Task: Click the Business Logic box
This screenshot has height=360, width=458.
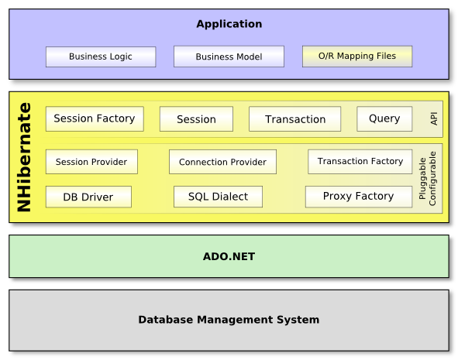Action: [x=101, y=57]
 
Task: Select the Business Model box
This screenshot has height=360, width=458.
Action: [x=229, y=57]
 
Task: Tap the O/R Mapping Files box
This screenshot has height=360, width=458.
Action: [x=357, y=57]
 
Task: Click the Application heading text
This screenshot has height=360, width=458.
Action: [x=229, y=24]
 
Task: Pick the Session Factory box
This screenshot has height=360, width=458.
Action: [x=95, y=118]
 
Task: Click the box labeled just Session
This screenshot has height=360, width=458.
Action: [x=196, y=118]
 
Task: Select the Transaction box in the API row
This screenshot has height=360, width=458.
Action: [x=294, y=118]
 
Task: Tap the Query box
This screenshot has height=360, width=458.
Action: [x=384, y=118]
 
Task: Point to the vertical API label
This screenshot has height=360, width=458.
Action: [x=434, y=118]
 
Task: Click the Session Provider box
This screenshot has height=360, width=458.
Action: [x=91, y=162]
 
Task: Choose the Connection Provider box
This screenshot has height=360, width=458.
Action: [x=222, y=162]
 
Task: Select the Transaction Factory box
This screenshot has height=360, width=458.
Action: [x=360, y=162]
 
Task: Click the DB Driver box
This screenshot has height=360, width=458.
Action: [x=88, y=197]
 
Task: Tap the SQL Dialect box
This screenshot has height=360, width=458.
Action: [x=218, y=197]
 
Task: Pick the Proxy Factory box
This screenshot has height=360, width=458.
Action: [x=359, y=197]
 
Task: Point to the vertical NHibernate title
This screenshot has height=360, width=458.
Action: [x=24, y=157]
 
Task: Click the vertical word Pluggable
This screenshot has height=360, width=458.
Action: [x=422, y=178]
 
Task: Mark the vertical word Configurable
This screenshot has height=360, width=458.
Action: [x=432, y=178]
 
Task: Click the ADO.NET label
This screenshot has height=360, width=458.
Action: [x=229, y=256]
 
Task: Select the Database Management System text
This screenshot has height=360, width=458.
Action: [x=229, y=320]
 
